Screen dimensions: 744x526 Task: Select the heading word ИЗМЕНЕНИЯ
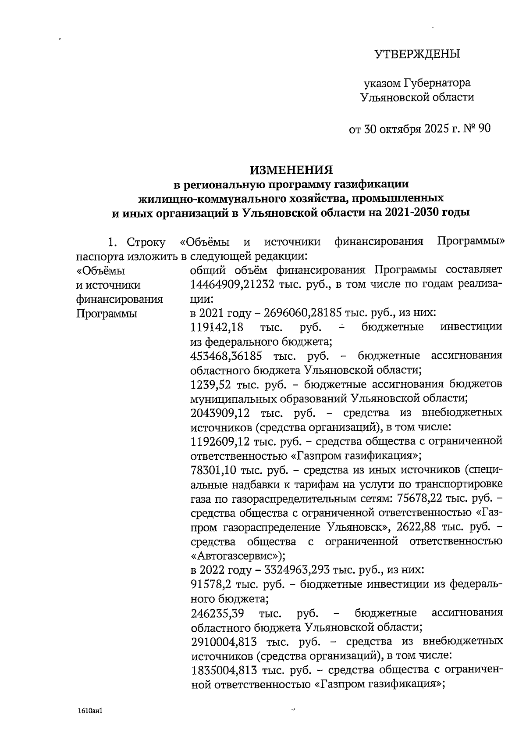[x=291, y=169]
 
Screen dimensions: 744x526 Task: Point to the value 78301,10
[x=214, y=470]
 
